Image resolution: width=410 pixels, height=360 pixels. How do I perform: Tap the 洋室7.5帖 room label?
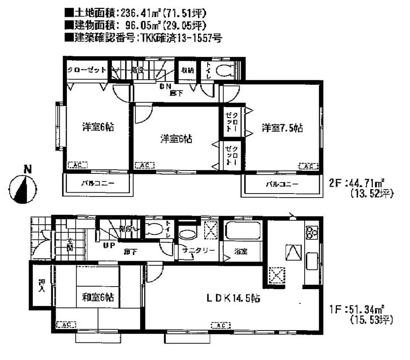(x=282, y=128)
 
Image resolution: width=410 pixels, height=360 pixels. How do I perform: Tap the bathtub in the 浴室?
(x=242, y=232)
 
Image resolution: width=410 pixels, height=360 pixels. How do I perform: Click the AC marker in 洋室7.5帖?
(x=309, y=166)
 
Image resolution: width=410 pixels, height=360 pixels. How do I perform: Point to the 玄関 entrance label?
(x=70, y=245)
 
